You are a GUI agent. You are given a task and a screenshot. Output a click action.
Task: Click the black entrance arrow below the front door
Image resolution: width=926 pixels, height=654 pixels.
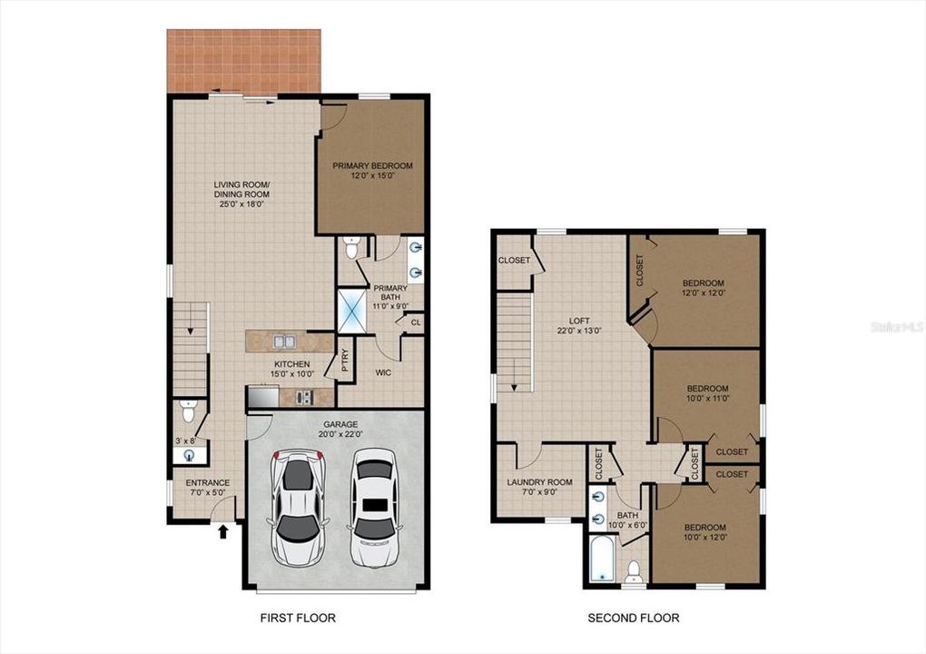tap(223, 532)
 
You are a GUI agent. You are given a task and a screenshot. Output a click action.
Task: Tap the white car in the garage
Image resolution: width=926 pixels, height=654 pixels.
tap(372, 508)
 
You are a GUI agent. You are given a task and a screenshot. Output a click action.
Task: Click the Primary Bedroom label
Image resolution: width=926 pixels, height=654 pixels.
tap(372, 170)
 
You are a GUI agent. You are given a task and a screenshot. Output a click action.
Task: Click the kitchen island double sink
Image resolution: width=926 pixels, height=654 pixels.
tap(285, 342)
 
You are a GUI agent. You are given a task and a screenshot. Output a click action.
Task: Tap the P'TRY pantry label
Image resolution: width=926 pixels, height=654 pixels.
tap(345, 361)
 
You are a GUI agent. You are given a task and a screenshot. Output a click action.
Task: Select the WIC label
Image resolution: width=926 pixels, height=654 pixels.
tap(383, 372)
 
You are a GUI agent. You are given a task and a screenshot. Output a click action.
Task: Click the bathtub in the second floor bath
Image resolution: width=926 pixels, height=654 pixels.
tap(603, 559)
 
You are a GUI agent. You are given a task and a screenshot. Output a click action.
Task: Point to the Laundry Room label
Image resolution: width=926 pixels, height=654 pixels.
tap(540, 487)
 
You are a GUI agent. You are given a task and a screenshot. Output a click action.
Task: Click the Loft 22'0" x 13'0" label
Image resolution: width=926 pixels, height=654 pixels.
tap(579, 326)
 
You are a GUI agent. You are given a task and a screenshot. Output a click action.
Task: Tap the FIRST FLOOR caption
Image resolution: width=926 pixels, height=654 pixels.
tap(298, 618)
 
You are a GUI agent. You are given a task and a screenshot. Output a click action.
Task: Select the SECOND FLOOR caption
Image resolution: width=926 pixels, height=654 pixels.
tap(633, 618)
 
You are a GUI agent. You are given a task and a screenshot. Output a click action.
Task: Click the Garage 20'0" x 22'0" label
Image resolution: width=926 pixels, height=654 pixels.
tap(340, 429)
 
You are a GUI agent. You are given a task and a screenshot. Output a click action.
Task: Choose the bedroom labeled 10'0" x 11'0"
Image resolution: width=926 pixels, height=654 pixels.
tap(707, 393)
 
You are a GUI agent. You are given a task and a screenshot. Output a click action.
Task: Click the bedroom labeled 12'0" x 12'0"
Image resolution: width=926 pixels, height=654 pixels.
tap(704, 288)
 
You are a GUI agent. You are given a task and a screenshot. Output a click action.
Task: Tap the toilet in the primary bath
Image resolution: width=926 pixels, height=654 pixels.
tap(351, 248)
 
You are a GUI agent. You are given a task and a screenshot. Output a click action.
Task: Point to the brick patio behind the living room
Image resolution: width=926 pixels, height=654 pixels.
tap(244, 61)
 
